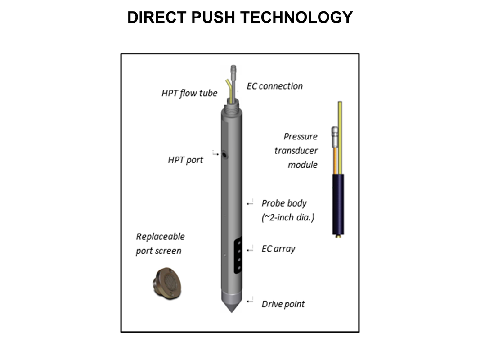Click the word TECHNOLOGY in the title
point(296,17)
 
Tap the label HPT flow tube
point(189,93)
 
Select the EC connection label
point(274,86)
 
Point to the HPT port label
point(185,160)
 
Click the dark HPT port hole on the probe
point(224,155)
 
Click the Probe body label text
point(284,203)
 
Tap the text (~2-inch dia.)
point(288,217)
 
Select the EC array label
point(278,249)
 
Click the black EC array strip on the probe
point(238,255)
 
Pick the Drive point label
point(283,304)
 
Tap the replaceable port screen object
point(167,283)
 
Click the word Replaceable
point(161,236)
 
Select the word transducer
point(296,151)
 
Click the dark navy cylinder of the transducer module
point(338,204)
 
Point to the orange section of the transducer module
point(335,161)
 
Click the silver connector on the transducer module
point(335,137)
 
